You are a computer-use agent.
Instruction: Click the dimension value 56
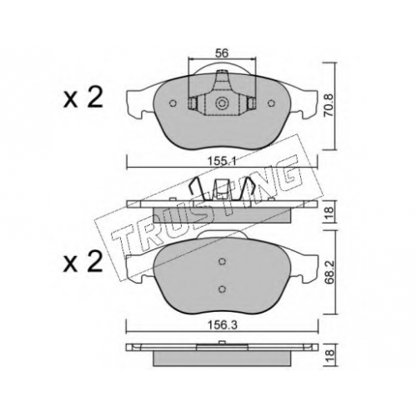pyautogui.click(x=222, y=53)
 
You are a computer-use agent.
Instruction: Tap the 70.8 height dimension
pyautogui.click(x=329, y=105)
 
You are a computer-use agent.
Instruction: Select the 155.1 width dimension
pyautogui.click(x=222, y=161)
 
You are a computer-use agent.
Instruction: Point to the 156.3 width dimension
pyautogui.click(x=222, y=325)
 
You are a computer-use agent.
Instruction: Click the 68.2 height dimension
pyautogui.click(x=329, y=272)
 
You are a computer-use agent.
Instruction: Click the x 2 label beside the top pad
pyautogui.click(x=83, y=98)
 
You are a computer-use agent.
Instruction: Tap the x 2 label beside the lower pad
pyautogui.click(x=83, y=263)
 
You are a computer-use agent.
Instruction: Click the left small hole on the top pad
pyautogui.click(x=173, y=103)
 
